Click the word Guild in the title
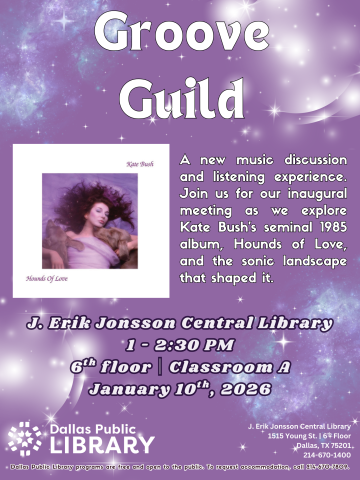pos(180,100)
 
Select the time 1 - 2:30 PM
pos(179,345)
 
